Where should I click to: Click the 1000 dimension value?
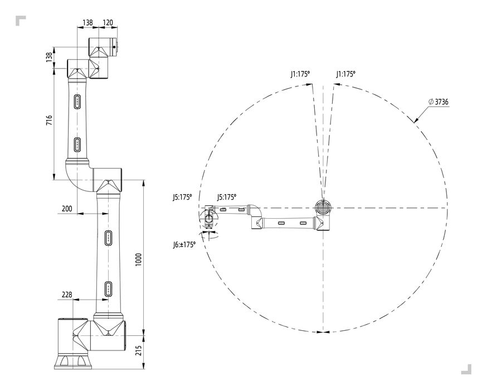coord(139,259)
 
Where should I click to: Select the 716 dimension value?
coord(49,120)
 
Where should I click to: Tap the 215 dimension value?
coord(139,350)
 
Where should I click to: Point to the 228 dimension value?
coord(67,294)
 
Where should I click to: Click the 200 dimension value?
coord(67,208)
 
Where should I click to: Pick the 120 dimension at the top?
coord(108,22)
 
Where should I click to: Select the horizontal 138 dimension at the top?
coord(87,22)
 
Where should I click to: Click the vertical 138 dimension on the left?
coord(49,57)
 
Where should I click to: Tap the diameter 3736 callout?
coord(438,102)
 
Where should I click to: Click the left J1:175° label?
coord(300,74)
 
